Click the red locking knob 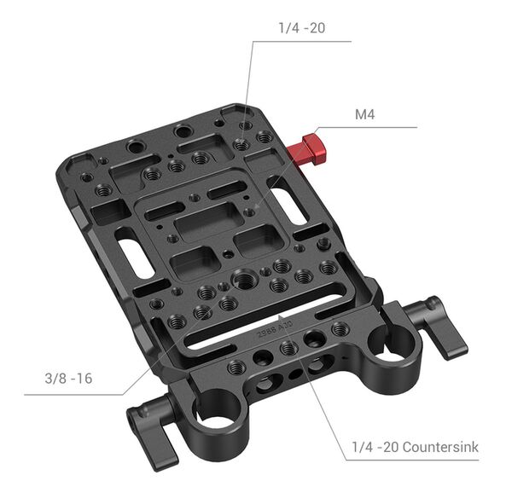coord(305,150)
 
